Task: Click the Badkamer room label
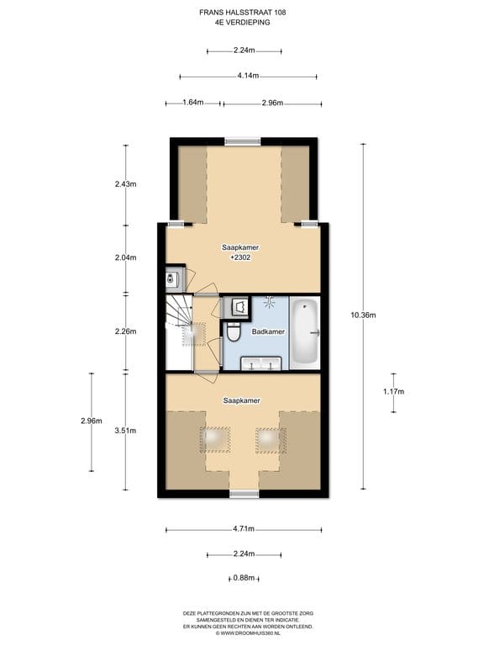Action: [268, 331]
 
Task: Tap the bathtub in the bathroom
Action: [305, 332]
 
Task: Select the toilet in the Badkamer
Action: [233, 332]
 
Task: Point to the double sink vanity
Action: [261, 363]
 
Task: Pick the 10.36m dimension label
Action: [363, 315]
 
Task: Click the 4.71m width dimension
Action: [244, 529]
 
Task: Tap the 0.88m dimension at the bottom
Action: [244, 578]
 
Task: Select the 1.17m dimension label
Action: [394, 391]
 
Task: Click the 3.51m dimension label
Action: [125, 431]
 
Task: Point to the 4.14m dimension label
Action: [248, 76]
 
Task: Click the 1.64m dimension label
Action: [193, 102]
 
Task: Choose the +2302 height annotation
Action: [241, 257]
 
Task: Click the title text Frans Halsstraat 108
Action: [242, 13]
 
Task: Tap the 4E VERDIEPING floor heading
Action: [242, 22]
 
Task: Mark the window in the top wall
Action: [242, 141]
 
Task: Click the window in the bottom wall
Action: [244, 494]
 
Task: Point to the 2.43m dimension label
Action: [125, 184]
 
